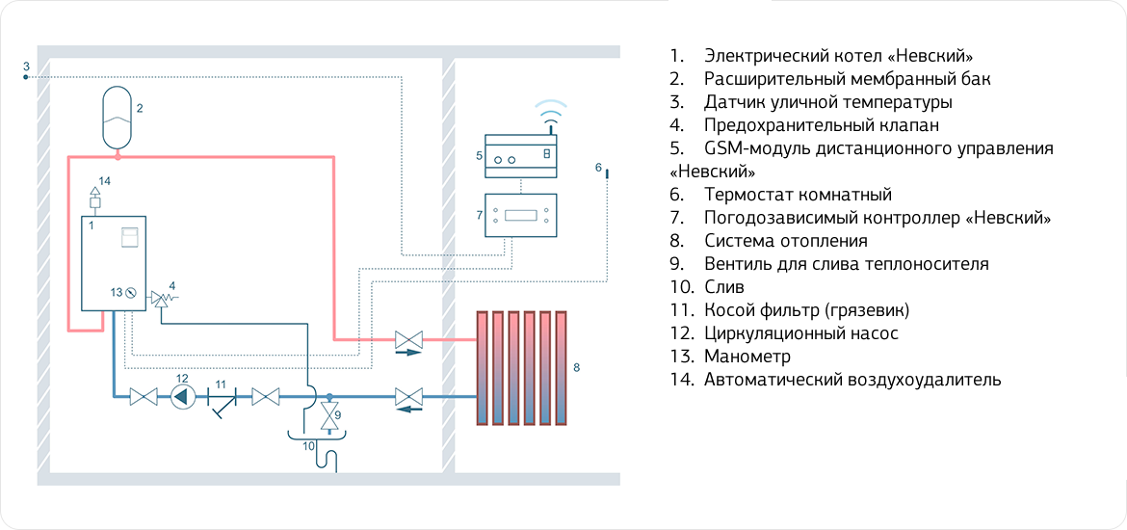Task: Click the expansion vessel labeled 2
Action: pos(118,118)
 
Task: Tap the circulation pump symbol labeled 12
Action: pos(183,396)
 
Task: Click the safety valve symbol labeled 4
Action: pos(158,300)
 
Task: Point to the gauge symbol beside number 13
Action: pos(132,292)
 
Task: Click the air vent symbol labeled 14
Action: pos(94,198)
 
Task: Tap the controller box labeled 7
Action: pos(520,214)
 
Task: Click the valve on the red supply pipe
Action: pos(408,339)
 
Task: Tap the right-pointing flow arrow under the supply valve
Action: pos(408,354)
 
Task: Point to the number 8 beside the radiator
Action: pos(576,367)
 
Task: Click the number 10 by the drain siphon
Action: pos(308,445)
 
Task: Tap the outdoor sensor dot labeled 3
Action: pos(26,76)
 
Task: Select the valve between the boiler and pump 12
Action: pos(144,396)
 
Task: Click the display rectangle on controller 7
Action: pos(520,214)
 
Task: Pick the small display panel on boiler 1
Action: pos(128,236)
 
